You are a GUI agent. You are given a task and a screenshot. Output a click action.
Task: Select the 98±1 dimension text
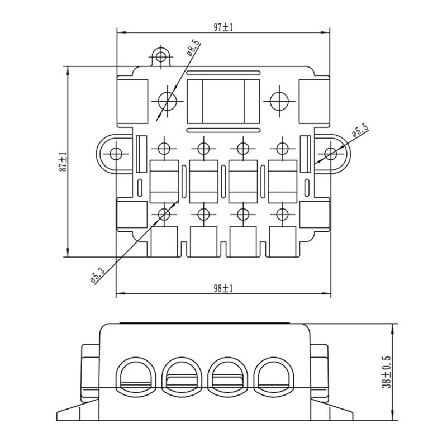pyautogui.click(x=223, y=288)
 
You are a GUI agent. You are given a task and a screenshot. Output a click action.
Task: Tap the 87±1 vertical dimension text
pyautogui.click(x=63, y=162)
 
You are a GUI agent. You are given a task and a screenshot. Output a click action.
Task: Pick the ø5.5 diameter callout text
pyautogui.click(x=359, y=132)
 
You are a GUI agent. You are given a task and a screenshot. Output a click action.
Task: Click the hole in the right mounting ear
pyautogui.click(x=331, y=153)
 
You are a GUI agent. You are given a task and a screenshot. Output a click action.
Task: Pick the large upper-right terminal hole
pyautogui.click(x=279, y=101)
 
